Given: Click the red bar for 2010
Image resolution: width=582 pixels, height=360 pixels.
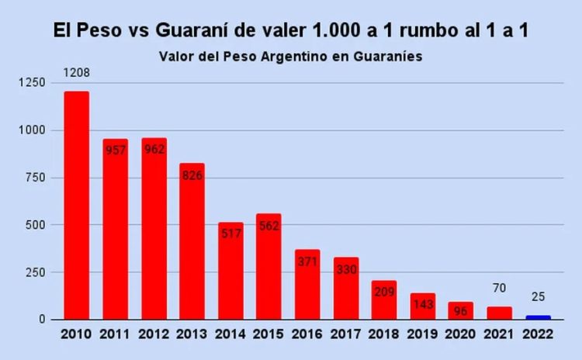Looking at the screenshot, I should click(x=76, y=206).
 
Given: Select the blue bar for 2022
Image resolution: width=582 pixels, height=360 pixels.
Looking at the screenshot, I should click(x=538, y=317).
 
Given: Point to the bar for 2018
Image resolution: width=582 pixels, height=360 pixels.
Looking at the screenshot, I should click(x=384, y=299).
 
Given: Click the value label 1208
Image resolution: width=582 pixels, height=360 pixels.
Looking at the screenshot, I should click(x=76, y=74).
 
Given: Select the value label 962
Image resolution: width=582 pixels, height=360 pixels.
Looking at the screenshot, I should click(x=154, y=149).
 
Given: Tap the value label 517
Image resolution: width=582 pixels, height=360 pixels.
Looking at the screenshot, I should click(x=230, y=234).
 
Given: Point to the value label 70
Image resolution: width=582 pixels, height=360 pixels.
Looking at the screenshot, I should click(x=499, y=289).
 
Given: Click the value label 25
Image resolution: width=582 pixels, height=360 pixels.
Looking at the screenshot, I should click(x=538, y=297).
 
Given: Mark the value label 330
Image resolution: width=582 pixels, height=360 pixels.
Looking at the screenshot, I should click(x=345, y=268).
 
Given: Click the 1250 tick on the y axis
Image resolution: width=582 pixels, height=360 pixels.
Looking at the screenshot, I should click(x=33, y=82).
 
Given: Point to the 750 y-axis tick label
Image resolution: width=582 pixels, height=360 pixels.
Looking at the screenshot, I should click(x=36, y=178).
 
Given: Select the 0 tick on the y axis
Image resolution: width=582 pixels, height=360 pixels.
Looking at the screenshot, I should click(x=43, y=320).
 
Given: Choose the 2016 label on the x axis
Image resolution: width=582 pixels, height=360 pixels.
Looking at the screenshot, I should click(x=307, y=336).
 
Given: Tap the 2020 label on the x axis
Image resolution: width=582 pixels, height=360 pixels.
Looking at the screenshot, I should click(x=461, y=336).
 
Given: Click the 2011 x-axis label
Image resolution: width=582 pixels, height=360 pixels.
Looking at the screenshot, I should click(x=115, y=336).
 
